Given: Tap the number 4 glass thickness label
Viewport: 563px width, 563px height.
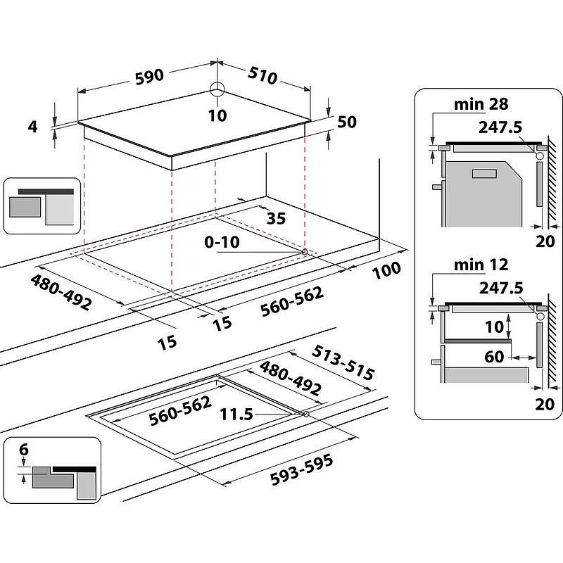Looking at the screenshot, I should (32, 127).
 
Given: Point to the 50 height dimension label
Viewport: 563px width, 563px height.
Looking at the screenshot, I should (347, 122).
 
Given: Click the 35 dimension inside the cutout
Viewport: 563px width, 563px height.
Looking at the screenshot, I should (276, 218).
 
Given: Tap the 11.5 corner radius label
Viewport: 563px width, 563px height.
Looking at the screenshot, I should (236, 415).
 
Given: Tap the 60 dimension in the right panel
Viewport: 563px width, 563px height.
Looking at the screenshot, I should (494, 357).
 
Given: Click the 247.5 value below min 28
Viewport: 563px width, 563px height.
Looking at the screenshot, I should (500, 127).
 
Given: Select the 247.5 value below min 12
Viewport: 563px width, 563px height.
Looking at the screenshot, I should (500, 288).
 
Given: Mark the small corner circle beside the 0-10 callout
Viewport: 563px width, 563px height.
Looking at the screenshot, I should (304, 252).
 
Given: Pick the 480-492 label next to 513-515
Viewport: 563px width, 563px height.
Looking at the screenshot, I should (291, 379).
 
